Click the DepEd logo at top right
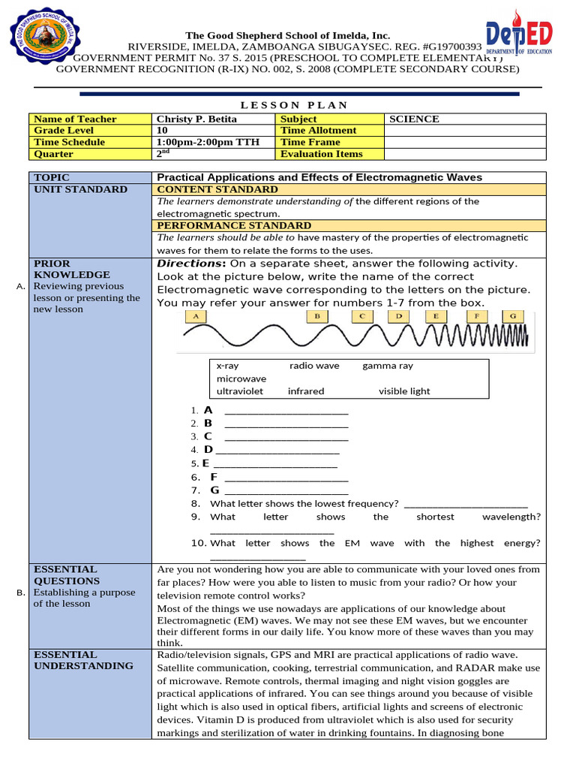520,38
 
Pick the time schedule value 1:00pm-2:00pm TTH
208,142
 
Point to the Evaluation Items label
321,153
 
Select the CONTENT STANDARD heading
217,189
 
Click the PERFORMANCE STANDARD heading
233,225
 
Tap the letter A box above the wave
196,316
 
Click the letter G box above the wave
512,316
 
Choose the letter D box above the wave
400,316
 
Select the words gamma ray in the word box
388,366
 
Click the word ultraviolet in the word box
240,391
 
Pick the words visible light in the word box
404,391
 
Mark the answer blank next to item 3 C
286,436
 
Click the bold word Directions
190,264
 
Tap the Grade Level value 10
162,130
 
